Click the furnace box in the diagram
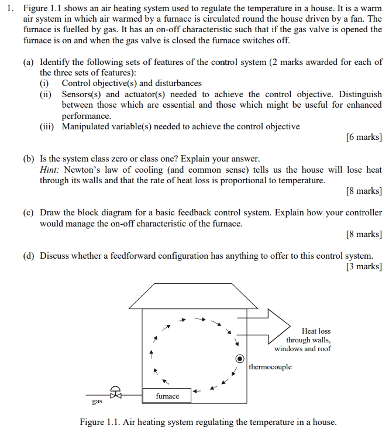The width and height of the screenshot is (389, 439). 167,396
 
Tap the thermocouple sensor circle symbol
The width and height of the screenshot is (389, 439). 240,359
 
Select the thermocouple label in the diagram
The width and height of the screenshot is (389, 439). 270,367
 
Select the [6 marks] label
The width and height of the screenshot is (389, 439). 364,137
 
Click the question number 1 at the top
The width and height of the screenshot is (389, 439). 10,9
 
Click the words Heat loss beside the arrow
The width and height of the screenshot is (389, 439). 316,331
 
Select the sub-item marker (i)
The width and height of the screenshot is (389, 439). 45,84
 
